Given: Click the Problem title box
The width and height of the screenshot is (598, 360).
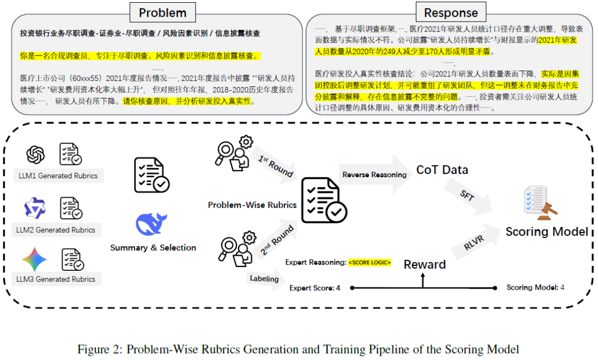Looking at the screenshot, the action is coord(162,12).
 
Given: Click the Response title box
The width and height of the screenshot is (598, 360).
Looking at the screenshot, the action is coord(451,12).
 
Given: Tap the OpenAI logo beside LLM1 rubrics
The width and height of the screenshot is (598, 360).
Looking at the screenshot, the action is coord(35,155).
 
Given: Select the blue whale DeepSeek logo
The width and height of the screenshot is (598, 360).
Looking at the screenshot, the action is coord(151,224).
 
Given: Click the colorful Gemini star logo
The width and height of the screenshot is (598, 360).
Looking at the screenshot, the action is coord(34,259).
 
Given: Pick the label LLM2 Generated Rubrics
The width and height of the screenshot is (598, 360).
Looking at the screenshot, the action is coord(56,230).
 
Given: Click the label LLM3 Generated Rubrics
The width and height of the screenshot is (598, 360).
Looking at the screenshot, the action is coord(56,279).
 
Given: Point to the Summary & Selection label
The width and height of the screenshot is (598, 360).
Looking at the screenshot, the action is coord(153,248).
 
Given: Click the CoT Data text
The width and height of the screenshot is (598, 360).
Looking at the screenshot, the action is coord(442,169).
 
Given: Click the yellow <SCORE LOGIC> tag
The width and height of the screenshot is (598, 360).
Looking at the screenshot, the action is coord(369,263).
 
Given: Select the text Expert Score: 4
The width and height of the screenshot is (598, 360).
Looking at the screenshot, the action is coord(315,288).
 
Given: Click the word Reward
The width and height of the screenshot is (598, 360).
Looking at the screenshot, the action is coord(425,264).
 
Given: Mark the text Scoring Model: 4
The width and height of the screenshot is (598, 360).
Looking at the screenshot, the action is coord(535,287).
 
